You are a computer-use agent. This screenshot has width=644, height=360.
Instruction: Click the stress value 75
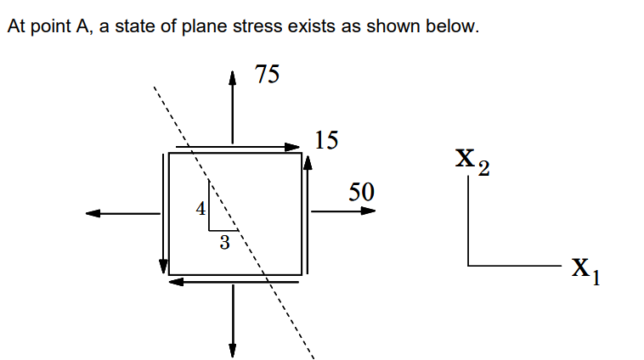click(x=267, y=75)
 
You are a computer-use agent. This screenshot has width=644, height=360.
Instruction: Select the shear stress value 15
click(x=325, y=140)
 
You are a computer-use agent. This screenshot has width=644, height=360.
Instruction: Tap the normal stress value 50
click(x=361, y=191)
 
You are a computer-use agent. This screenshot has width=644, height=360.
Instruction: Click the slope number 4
click(x=200, y=208)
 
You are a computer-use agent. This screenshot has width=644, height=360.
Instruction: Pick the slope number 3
click(x=223, y=244)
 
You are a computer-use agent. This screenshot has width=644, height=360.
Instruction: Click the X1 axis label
click(x=585, y=271)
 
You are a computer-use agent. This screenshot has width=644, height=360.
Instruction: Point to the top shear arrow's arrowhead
click(x=297, y=147)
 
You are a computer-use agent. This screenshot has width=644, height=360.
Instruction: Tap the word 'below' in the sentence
click(x=456, y=26)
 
